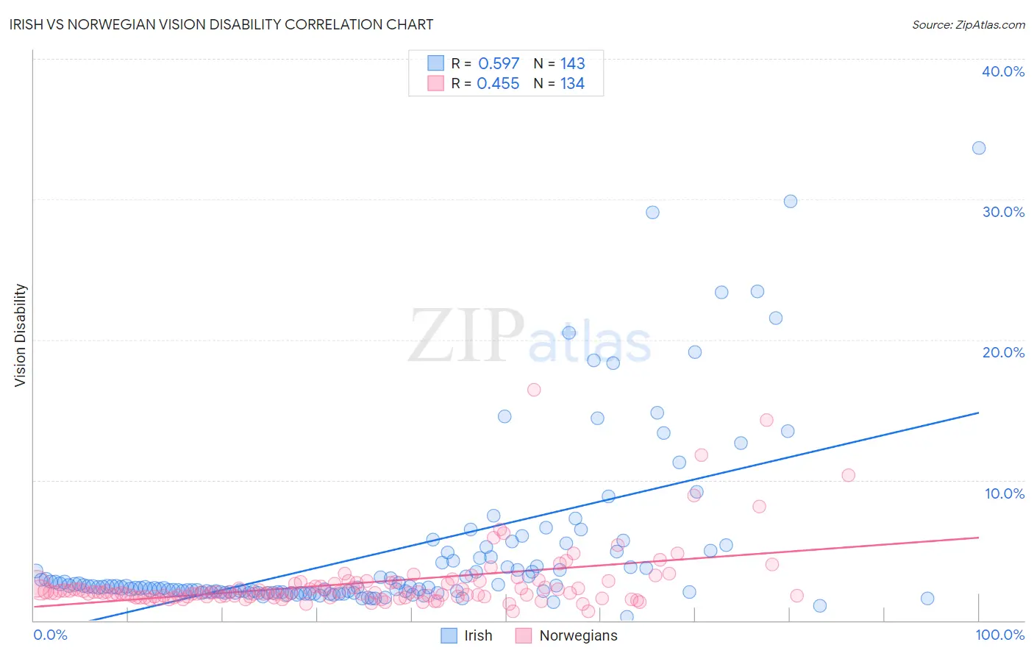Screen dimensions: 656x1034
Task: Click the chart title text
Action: tap(221, 24)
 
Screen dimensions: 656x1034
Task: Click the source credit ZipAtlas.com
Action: tap(968, 24)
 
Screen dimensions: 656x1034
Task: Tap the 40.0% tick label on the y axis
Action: tap(1003, 71)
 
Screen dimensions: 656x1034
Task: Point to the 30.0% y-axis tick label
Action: tap(1003, 212)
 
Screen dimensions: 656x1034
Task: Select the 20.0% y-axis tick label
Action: tap(1003, 352)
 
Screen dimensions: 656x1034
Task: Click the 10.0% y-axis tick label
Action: tap(1005, 493)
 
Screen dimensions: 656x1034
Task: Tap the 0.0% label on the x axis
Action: tap(51, 635)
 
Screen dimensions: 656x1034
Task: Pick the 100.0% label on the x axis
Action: tap(999, 635)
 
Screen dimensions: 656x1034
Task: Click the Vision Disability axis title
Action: tap(21, 335)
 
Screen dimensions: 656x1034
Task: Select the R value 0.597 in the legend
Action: tap(499, 63)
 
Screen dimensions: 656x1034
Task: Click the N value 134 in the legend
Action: tap(572, 84)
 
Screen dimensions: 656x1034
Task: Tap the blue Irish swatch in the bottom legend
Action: tap(449, 635)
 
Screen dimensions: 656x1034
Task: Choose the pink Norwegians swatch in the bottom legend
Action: tap(524, 635)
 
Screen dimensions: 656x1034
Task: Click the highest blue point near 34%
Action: tap(979, 148)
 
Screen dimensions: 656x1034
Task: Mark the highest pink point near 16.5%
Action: tap(534, 390)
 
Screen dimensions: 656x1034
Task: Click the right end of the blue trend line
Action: tap(978, 413)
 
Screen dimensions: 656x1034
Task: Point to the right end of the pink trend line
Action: tap(978, 538)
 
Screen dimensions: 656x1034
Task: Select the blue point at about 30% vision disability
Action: tap(791, 202)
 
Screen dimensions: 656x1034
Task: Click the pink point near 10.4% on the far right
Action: tap(848, 475)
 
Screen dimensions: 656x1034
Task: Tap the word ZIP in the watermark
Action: tap(466, 335)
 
